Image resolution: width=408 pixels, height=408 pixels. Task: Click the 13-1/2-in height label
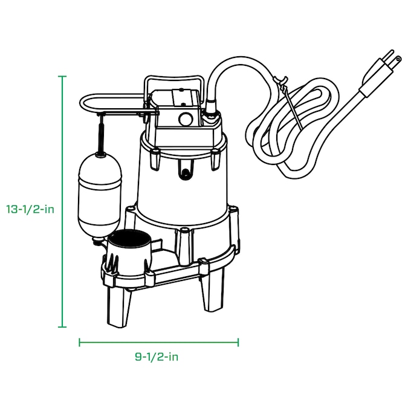(30, 210)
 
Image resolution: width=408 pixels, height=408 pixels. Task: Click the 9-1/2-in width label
(157, 357)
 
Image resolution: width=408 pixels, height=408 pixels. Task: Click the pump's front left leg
(118, 306)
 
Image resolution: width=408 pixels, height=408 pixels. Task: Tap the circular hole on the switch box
(185, 118)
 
